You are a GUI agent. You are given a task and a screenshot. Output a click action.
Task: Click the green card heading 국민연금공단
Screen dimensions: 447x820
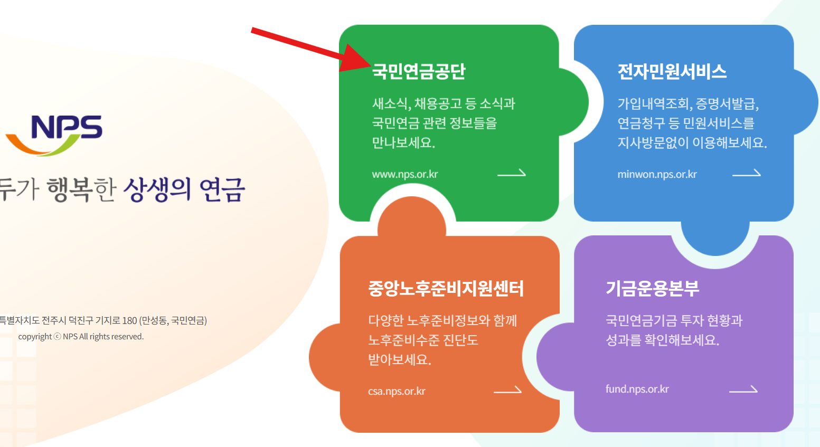tap(419, 71)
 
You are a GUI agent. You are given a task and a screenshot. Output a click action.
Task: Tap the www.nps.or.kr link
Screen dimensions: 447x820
tap(404, 174)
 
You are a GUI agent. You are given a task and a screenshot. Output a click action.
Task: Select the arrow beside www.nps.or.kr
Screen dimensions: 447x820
tap(512, 173)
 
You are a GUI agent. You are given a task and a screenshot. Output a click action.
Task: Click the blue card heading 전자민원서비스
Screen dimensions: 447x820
tap(672, 71)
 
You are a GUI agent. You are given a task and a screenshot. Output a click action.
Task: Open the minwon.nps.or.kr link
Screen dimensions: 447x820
tap(657, 174)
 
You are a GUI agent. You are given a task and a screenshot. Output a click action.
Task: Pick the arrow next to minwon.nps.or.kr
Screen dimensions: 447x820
tap(747, 173)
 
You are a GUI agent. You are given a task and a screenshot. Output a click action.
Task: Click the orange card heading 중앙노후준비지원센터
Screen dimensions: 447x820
tap(446, 288)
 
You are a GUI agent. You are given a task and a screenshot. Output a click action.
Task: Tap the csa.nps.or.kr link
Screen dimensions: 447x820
tap(397, 391)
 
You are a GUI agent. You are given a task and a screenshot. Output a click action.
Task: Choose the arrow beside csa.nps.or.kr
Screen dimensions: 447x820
tap(507, 390)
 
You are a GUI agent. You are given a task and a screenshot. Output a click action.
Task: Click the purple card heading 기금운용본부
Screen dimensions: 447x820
tap(652, 288)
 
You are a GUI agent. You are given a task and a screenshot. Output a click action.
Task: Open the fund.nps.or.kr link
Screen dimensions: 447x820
tap(637, 389)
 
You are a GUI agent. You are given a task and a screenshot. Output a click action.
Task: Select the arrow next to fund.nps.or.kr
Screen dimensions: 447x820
tap(743, 389)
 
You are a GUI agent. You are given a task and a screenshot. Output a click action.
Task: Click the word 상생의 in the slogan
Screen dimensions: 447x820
tap(157, 189)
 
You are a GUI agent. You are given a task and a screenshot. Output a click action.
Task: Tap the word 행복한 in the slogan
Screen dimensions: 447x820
tap(81, 189)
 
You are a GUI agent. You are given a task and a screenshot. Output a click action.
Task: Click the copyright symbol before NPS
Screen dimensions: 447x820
tap(58, 337)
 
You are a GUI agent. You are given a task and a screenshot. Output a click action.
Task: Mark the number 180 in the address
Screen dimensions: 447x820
tap(129, 320)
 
